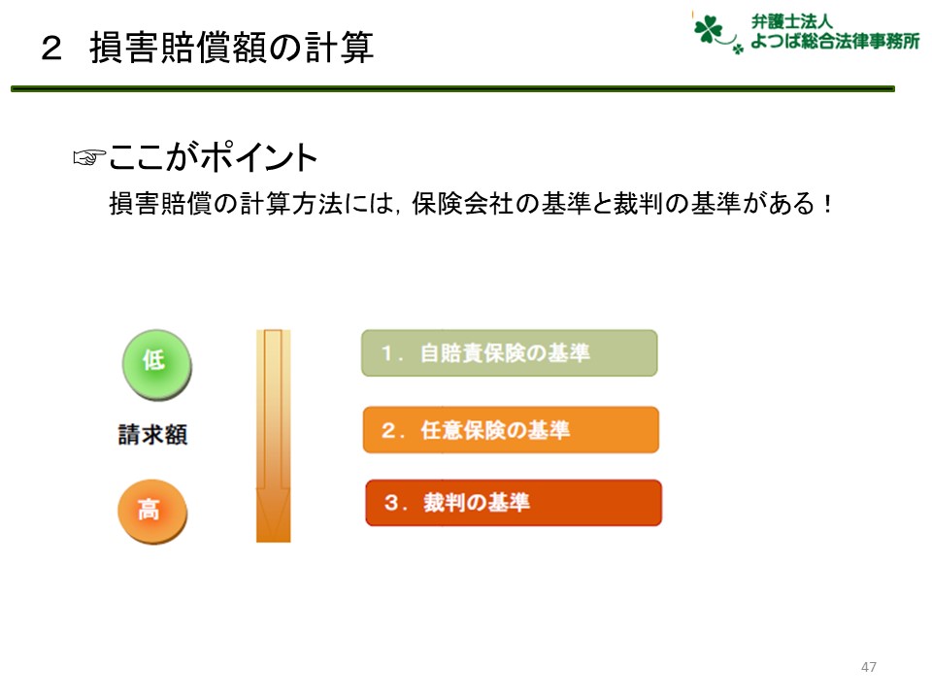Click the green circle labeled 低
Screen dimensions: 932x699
pyautogui.click(x=156, y=364)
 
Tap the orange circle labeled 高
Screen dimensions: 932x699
pyautogui.click(x=152, y=512)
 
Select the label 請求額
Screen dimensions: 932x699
pyautogui.click(x=152, y=435)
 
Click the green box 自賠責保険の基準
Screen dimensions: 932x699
pyautogui.click(x=510, y=353)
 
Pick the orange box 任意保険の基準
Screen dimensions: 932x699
pyautogui.click(x=512, y=430)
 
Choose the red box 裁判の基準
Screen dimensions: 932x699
pyautogui.click(x=514, y=503)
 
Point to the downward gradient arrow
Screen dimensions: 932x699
pyautogui.click(x=274, y=436)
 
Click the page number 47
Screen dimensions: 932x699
pyautogui.click(x=868, y=667)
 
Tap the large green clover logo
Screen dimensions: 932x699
pyautogui.click(x=708, y=29)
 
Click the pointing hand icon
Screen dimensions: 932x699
pyautogui.click(x=88, y=157)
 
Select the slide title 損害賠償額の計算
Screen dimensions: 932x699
pyautogui.click(x=231, y=48)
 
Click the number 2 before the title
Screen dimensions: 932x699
pyautogui.click(x=51, y=49)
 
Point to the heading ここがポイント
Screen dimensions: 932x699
pyautogui.click(x=213, y=157)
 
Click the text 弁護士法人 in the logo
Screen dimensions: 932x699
pyautogui.click(x=791, y=21)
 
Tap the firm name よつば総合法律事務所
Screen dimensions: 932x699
pyautogui.click(x=835, y=41)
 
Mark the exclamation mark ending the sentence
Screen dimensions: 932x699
pyautogui.click(x=827, y=204)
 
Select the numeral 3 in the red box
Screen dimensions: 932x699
pyautogui.click(x=391, y=502)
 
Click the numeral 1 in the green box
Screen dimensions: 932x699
pyautogui.click(x=387, y=353)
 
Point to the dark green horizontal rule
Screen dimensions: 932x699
pyautogui.click(x=453, y=88)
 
